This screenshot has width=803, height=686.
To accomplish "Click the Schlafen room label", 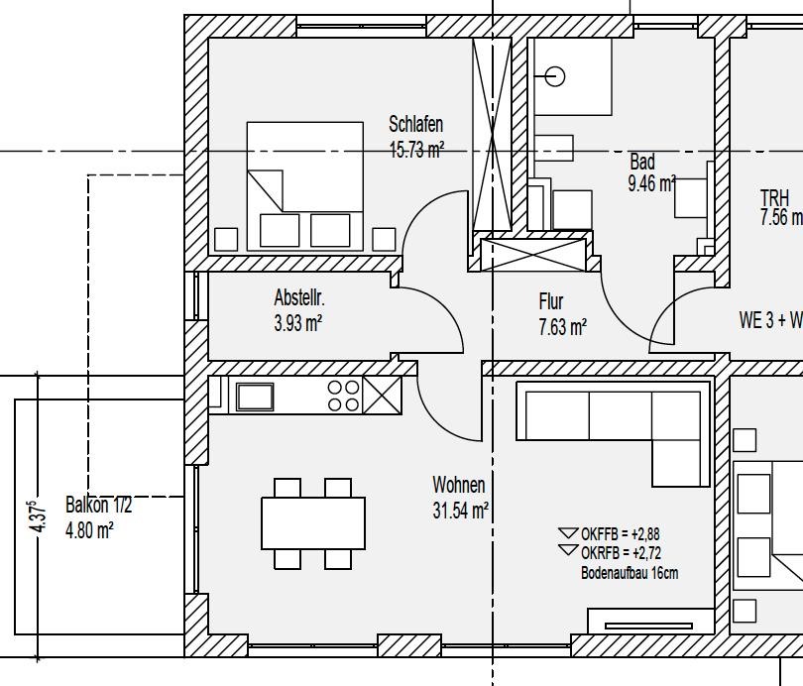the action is pos(415,124).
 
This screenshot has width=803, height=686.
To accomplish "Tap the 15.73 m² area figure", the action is pos(416,150).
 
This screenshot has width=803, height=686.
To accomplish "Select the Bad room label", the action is pos(642,162).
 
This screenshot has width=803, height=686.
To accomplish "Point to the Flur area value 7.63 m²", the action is pos(562,327).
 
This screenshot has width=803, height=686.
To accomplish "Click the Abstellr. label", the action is pos(299,297).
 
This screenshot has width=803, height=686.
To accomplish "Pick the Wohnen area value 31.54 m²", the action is pos(460,511).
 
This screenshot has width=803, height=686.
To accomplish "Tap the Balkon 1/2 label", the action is pos(98,506).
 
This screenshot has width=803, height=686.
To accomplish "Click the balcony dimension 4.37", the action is pos(39,517).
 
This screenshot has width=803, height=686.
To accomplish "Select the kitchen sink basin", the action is pos(255,397).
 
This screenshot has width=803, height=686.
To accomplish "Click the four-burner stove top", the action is pos(344,396).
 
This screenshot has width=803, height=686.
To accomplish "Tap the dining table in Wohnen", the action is pos(313,523).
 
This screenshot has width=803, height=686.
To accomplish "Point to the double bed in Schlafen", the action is pos(305,186).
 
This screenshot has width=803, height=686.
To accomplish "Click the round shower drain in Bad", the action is pos(554,76).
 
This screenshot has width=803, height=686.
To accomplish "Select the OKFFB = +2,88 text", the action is pos(621,534).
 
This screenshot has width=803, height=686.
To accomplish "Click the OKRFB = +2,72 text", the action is pos(621,553).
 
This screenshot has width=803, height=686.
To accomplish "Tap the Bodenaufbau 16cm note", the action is pos(630,572).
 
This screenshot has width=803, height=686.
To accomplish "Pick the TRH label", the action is pos(774,197).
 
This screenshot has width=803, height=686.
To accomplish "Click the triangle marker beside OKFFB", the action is pos(568,533).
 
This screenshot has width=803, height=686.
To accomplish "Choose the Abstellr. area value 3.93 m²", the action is pos(298,323).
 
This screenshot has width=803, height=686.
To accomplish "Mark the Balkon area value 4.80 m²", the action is pos(89,529).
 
